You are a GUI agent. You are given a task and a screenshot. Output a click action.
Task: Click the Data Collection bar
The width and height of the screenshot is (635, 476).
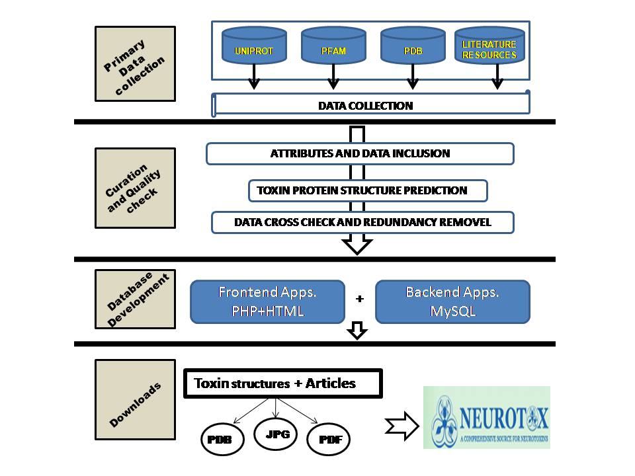(371, 105)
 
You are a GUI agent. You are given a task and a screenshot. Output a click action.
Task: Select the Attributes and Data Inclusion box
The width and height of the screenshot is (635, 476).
(360, 153)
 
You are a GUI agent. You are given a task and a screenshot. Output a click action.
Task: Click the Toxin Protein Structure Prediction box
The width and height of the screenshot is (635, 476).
(368, 190)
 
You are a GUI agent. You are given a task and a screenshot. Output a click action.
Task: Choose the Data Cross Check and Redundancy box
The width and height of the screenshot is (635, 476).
(362, 222)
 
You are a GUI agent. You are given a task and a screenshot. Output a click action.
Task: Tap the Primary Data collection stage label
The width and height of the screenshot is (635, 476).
(135, 64)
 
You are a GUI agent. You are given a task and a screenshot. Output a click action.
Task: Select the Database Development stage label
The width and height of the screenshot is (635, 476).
(135, 298)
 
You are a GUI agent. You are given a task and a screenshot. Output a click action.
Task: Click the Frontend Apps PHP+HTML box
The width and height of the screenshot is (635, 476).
(267, 301)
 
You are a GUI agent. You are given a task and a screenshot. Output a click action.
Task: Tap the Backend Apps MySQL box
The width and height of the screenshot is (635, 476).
(452, 301)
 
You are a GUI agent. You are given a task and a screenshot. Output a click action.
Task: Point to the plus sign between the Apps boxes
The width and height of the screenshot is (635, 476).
(360, 299)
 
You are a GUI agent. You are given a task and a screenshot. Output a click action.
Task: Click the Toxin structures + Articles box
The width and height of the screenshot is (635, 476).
(282, 383)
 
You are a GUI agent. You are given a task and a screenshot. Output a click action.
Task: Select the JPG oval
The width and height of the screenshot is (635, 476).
(276, 434)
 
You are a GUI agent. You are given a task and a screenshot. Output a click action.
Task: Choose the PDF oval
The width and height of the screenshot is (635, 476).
(328, 440)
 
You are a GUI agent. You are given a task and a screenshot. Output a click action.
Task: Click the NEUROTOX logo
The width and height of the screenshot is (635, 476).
(487, 417)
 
